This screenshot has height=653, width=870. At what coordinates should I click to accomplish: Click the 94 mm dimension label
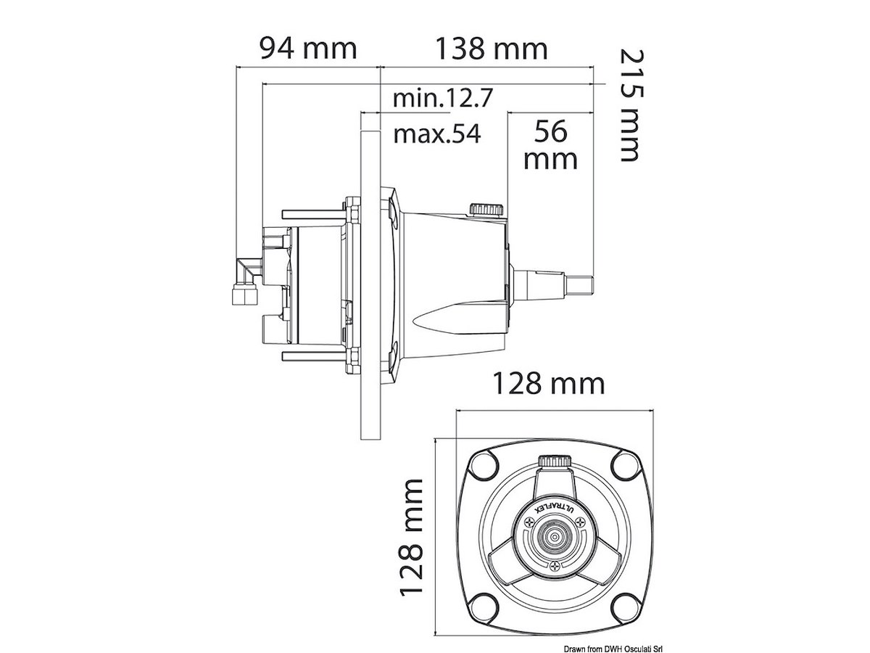point(308,49)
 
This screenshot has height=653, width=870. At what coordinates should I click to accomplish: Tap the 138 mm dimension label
point(492,49)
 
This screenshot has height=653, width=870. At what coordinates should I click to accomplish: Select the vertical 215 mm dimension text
point(631,105)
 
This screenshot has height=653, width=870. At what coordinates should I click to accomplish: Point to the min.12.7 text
point(443,98)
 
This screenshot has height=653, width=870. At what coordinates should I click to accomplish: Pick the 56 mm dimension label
point(550,144)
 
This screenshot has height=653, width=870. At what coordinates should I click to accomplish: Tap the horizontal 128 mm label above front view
point(549,384)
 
